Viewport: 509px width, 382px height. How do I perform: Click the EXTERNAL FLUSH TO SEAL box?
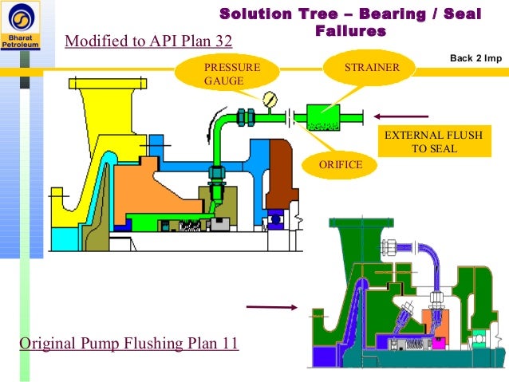click(x=433, y=142)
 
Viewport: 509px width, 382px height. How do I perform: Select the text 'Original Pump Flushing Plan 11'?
click(x=128, y=345)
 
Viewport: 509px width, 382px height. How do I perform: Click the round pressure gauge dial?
click(x=270, y=100)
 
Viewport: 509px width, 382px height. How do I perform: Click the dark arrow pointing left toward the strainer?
click(x=406, y=113)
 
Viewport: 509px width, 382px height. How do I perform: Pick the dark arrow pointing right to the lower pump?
click(x=270, y=306)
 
